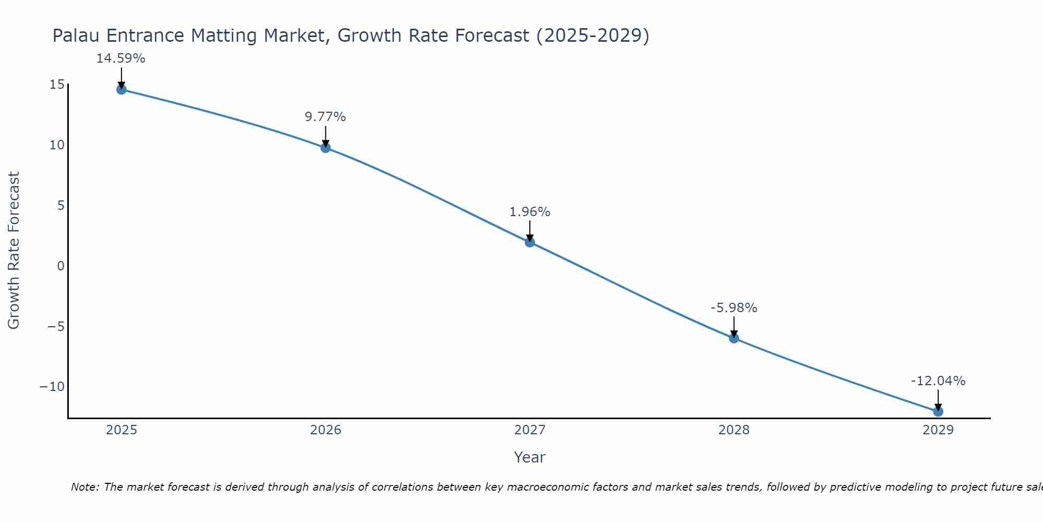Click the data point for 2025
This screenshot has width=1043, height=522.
click(x=122, y=89)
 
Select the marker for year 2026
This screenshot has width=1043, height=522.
click(x=325, y=148)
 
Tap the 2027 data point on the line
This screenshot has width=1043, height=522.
click(x=530, y=242)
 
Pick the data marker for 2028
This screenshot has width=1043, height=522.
click(x=734, y=338)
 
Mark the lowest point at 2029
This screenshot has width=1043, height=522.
click(x=938, y=411)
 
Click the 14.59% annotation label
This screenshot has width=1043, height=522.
click(x=120, y=58)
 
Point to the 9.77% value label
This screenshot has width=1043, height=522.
click(x=325, y=117)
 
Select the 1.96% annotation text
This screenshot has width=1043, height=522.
click(x=530, y=212)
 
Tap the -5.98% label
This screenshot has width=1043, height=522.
click(x=734, y=308)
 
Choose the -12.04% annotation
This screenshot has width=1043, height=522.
click(x=938, y=381)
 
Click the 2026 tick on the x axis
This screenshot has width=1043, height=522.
click(x=325, y=430)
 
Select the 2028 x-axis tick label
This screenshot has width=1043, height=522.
click(x=734, y=430)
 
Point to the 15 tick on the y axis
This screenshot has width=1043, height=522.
click(x=57, y=85)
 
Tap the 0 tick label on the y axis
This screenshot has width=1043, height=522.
click(x=61, y=266)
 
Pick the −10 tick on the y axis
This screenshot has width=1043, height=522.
click(x=52, y=387)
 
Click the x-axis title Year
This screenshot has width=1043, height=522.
click(x=529, y=457)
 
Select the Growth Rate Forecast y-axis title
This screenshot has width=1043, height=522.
click(x=14, y=251)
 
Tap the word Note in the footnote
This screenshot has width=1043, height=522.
click(x=84, y=487)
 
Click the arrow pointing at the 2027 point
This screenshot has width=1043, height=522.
click(x=530, y=231)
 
